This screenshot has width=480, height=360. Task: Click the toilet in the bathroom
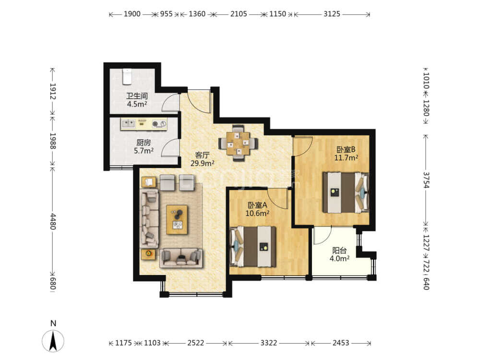click(127, 76)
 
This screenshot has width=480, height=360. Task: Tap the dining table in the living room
click(238, 143)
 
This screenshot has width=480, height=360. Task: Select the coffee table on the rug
click(177, 219)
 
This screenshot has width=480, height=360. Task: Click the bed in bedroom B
click(346, 192)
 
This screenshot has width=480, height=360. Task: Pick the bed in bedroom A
click(253, 246)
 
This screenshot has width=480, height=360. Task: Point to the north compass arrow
click(53, 341)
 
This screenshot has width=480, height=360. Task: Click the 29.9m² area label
click(203, 164)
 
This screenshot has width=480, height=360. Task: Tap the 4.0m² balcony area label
click(339, 259)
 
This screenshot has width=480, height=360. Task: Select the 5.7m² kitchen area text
click(144, 151)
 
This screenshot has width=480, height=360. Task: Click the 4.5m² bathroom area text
click(137, 104)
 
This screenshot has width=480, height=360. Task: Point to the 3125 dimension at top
click(332, 14)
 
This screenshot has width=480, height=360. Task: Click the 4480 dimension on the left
click(53, 221)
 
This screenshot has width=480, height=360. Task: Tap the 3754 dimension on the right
click(426, 180)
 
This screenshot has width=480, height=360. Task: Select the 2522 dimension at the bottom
click(196, 343)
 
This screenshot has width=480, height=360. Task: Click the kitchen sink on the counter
click(129, 123)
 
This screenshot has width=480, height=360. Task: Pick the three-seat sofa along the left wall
click(149, 218)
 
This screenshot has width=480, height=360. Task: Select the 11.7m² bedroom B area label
click(346, 158)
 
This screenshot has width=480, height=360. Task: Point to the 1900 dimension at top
click(132, 14)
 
